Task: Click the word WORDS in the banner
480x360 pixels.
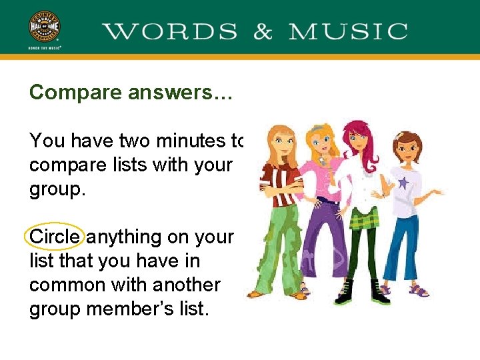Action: (x=170, y=31)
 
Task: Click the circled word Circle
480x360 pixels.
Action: (x=55, y=237)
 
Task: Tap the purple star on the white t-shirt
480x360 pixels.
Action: (x=403, y=182)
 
